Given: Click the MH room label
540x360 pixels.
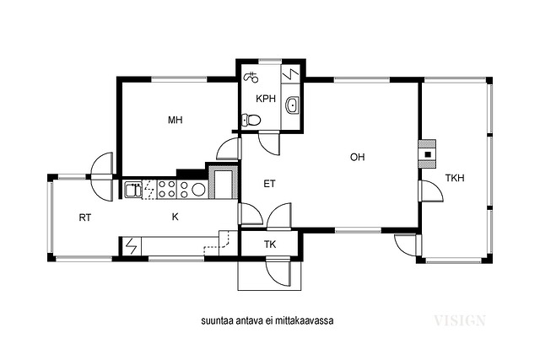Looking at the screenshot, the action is point(175,120).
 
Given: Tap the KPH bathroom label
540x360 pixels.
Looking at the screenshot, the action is point(266,99).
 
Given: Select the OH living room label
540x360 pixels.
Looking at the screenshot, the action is point(357,158).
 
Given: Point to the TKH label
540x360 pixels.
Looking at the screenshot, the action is point(455,178).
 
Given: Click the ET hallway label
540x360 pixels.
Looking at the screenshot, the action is point(269,184).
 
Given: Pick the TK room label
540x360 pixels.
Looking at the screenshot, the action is point(270,244).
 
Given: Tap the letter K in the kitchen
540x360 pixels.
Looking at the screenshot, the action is point(175,217).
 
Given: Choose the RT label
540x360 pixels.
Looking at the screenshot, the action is point(85,218).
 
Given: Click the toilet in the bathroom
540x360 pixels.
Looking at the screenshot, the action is point(251,120).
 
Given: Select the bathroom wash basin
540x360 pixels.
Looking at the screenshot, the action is point(293,105).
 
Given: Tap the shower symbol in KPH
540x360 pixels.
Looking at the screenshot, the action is point(251,78).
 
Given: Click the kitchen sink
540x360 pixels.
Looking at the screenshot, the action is point(133,190).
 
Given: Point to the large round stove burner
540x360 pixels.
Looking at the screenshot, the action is point(198,190).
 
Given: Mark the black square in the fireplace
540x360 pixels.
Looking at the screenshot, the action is point(428,154).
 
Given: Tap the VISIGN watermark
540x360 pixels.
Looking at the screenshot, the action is point(460,320).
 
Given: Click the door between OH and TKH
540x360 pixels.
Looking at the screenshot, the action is point(430,191).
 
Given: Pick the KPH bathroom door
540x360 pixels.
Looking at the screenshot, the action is point(269,143).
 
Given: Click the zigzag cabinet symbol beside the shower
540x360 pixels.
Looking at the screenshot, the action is point(291,73).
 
